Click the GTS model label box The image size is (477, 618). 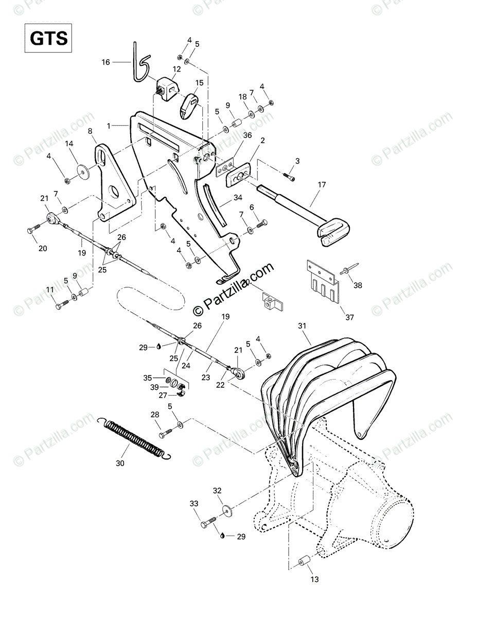(47, 39)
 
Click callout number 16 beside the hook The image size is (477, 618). (105, 62)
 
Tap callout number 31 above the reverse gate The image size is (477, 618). (302, 326)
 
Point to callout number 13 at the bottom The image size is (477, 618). (315, 579)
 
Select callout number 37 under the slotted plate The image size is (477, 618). (349, 317)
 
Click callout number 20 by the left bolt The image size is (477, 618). (43, 248)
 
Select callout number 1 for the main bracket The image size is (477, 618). (109, 125)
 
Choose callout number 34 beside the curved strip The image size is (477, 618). (237, 197)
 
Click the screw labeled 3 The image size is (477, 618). (291, 177)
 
